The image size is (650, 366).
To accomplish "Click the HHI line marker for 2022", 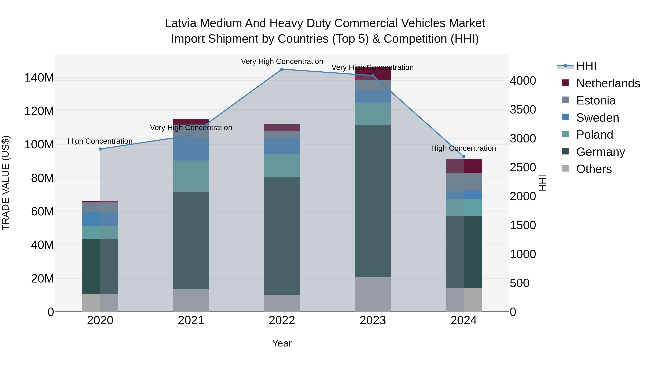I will (x=282, y=69).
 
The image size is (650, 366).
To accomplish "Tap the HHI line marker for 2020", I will (x=100, y=149).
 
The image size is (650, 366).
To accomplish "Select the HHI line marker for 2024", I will (x=463, y=157).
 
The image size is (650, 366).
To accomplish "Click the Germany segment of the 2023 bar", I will (x=373, y=201).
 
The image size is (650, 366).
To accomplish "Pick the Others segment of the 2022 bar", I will (x=282, y=303).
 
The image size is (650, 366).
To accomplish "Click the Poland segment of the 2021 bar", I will (x=191, y=176).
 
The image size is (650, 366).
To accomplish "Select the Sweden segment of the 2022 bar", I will (x=282, y=146).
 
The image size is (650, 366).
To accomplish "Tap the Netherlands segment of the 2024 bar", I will (x=463, y=166).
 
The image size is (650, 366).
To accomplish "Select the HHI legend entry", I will (x=586, y=66).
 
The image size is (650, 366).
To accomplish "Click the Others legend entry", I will (x=594, y=169).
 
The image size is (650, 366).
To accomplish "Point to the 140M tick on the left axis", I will (x=39, y=78).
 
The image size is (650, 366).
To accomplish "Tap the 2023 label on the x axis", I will (x=373, y=320).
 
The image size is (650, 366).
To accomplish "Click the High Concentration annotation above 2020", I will (x=100, y=141).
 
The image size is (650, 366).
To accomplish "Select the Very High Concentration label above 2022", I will (x=282, y=61).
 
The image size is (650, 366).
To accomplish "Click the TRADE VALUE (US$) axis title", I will (x=6, y=183).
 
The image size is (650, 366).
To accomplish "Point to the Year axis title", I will (x=282, y=343).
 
